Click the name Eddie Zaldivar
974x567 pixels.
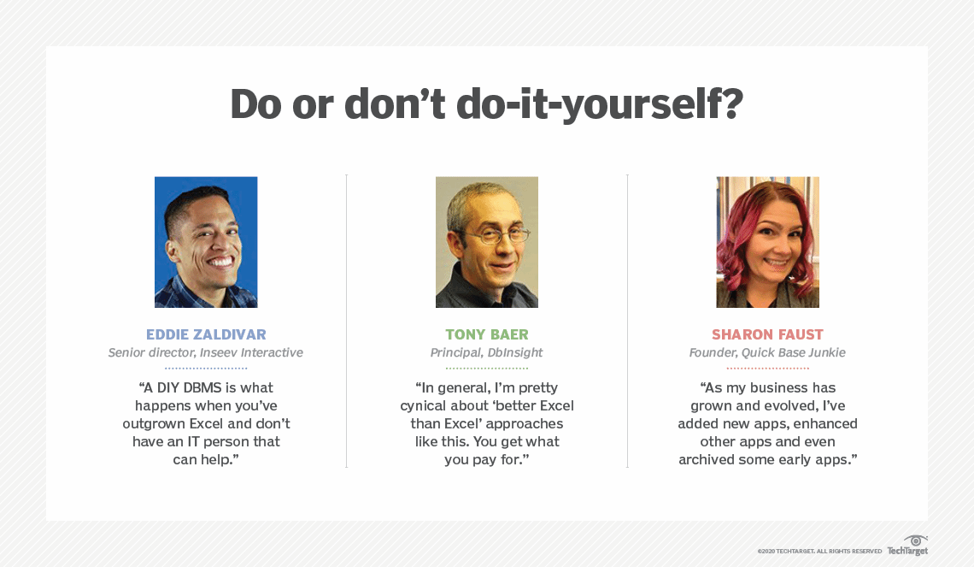[x=206, y=334]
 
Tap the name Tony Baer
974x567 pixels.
[x=487, y=334]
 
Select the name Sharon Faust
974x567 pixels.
[x=767, y=334]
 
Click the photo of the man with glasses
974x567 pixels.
[x=487, y=242]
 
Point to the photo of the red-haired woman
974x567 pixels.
[x=768, y=242]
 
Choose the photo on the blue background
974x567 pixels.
[x=206, y=242]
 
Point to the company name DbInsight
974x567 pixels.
[x=515, y=352]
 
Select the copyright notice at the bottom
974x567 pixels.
[x=819, y=552]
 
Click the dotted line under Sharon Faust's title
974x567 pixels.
[x=768, y=369]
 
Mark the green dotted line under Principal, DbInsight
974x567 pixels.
[x=487, y=369]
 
